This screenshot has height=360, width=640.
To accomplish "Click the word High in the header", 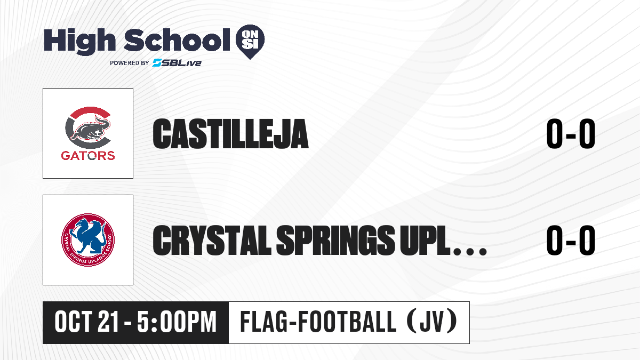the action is coord(79,41).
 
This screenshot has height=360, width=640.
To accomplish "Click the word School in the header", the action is coord(177,40).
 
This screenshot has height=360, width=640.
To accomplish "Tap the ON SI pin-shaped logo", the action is coord(250,42).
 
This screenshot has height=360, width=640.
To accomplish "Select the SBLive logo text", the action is coord(177,63).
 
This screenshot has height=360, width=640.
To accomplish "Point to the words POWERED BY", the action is coord(130,63).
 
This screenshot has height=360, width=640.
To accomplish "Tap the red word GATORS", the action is coord(88,156).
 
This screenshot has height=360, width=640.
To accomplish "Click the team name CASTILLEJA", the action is coord(230,134).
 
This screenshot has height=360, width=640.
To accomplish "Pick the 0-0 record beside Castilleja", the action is coord(571,134).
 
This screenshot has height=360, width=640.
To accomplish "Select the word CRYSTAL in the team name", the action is coord(212,241).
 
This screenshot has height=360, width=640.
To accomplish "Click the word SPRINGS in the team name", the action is coord(335,241).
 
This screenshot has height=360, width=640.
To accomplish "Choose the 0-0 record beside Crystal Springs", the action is coord(571,241).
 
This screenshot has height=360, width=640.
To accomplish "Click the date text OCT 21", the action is coord(86,322).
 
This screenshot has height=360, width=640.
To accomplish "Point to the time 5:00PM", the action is coord(177,322).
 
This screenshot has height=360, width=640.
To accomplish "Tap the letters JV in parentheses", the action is coord(432,322).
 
